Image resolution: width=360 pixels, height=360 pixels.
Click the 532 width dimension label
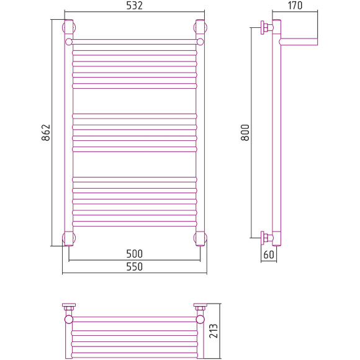click(134, 6)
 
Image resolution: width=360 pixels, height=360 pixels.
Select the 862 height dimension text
click(46, 132)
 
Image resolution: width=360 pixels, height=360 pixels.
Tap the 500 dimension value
click(134, 254)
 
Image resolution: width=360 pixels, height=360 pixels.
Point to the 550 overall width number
click(134, 266)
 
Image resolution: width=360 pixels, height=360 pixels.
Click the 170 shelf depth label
click(295, 6)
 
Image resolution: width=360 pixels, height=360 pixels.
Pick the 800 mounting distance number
click(245, 132)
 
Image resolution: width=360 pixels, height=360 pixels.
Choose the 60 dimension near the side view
click(269, 254)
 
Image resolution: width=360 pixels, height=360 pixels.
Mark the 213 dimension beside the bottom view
click(214, 331)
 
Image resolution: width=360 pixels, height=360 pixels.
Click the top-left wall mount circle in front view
click(69, 27)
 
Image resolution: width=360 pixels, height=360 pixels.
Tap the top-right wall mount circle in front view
click(200, 27)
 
